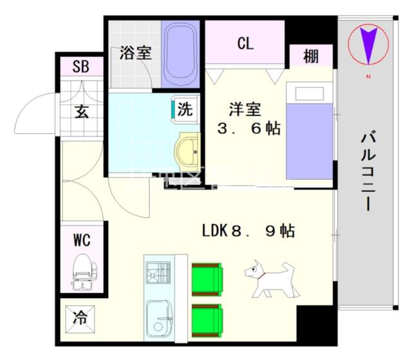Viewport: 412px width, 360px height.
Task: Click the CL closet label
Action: coord(245,44)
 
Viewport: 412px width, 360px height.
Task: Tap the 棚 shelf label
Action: coord(310,56)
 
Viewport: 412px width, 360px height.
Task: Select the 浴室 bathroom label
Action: coord(135,52)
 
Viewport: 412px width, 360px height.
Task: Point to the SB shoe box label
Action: coord(80,66)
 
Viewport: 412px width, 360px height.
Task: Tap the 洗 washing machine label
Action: coord(184,109)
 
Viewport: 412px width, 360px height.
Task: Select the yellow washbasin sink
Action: coord(188,151)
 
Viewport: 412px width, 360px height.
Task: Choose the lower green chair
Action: coord(207,319)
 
